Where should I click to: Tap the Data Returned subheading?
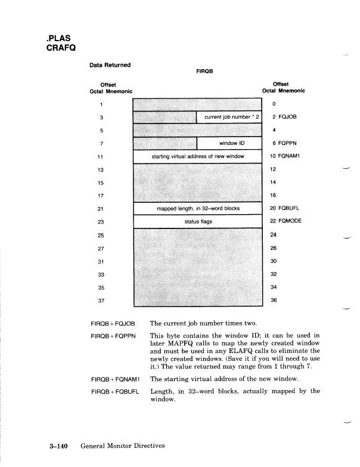pos(110,64)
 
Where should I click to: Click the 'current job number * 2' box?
pos(229,117)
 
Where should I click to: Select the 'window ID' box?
pos(229,144)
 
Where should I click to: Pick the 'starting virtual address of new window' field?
pos(197,157)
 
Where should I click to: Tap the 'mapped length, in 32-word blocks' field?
pos(197,209)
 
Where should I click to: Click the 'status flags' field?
pos(197,222)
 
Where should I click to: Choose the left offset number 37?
pos(102,301)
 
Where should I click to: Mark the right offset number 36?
pos(274,300)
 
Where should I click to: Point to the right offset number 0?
pos(273,103)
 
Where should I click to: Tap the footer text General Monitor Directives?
pos(122,446)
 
